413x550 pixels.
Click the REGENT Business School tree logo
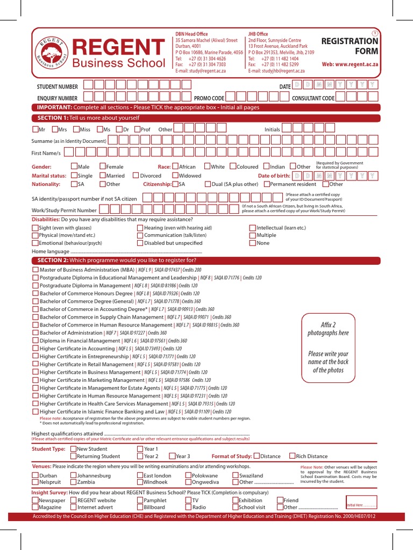52,55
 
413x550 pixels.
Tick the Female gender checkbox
103,167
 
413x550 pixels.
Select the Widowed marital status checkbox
175,175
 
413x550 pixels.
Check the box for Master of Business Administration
35,270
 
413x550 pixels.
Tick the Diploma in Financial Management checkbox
35,341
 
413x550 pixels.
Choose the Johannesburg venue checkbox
74,475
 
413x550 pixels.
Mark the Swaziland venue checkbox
236,475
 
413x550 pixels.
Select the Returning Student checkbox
74,456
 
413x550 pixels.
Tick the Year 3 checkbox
172,456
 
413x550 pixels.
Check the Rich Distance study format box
292,456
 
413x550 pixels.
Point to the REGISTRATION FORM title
350,46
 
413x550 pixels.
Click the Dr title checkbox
119,129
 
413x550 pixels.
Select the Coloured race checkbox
233,167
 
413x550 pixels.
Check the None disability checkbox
252,243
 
